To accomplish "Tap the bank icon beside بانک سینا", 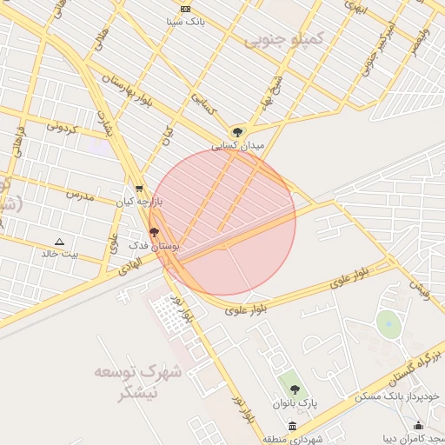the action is coord(184,9).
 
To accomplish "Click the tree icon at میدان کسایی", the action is coord(238,132).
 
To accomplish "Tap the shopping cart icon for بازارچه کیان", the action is coord(140,188).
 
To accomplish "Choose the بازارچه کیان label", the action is coord(139,202).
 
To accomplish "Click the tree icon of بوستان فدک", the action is coord(154,232).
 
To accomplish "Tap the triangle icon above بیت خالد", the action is coord(59,242).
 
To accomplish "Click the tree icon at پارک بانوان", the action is coord(295,389).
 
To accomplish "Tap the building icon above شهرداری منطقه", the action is coord(292,426).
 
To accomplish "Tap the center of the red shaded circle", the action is coord(222,222).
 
